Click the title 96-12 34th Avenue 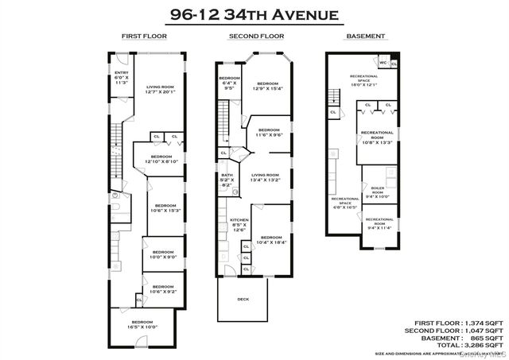point(254,14)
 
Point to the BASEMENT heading point(366,37)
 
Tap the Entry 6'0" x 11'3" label point(122,77)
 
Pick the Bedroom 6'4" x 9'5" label point(229,83)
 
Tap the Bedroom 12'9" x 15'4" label point(267,87)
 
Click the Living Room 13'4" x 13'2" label point(265,177)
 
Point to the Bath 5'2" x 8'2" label point(227,180)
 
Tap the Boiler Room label point(378,192)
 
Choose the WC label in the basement point(383,61)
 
